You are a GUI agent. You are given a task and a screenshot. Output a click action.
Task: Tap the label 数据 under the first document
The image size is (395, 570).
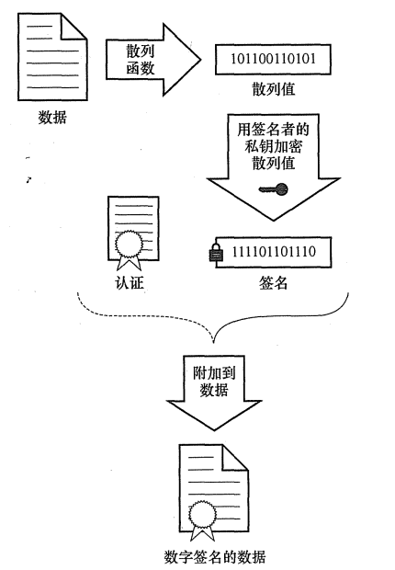52,119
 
